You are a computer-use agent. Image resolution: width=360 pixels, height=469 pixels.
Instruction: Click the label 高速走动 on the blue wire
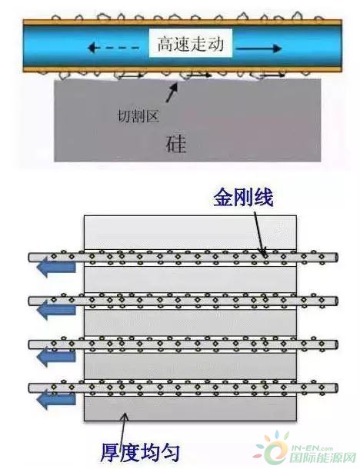191,43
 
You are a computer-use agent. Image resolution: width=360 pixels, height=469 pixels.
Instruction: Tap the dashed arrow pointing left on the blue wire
114,48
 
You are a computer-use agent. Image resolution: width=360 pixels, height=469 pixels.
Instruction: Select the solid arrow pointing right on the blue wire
259,48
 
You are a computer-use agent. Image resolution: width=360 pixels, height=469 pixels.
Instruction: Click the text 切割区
138,115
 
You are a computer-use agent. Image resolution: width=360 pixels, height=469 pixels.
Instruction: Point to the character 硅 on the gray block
176,145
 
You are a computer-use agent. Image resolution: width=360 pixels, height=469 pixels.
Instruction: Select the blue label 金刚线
243,197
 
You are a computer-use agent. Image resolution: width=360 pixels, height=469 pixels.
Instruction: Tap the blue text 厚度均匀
139,451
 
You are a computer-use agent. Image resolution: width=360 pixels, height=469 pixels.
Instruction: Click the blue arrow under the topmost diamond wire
56,267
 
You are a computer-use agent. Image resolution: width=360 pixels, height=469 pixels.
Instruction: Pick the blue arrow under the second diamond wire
56,311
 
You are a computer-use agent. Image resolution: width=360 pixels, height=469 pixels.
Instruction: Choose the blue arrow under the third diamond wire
56,356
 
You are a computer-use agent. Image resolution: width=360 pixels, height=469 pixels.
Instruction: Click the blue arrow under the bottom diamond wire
56,400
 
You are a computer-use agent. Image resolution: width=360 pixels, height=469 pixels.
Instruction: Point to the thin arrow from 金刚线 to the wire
260,234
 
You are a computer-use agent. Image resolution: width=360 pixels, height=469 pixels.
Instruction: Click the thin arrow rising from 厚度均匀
124,428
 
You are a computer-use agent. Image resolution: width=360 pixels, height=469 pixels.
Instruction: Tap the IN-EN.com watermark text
312,448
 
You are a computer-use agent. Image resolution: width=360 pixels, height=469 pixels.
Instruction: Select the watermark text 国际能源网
322,457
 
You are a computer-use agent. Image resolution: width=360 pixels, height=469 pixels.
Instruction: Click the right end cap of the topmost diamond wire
336,258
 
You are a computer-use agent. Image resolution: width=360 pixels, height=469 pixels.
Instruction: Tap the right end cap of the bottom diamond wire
336,388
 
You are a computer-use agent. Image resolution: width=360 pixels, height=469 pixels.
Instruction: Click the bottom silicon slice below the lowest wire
190,408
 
